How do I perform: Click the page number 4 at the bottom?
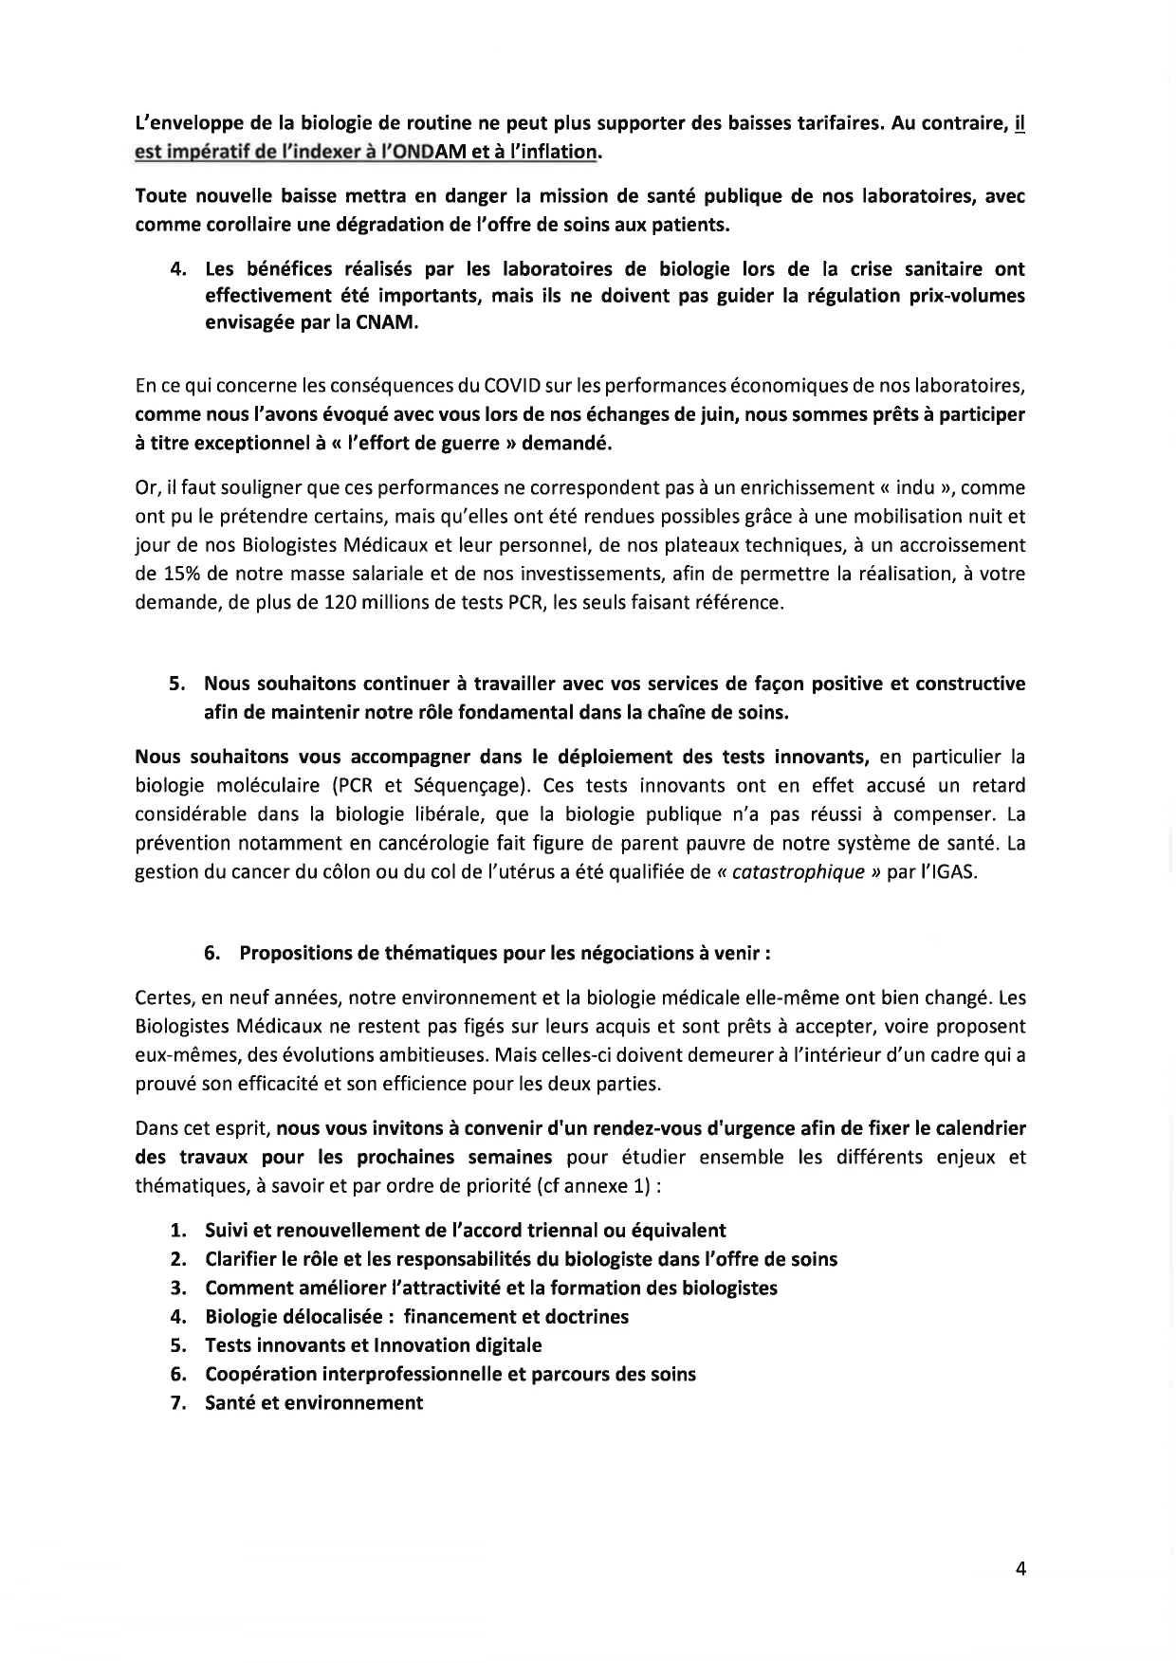point(1020,1568)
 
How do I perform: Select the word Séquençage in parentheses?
point(459,785)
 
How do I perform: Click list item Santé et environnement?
point(313,1402)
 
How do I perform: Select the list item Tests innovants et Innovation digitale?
point(373,1344)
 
